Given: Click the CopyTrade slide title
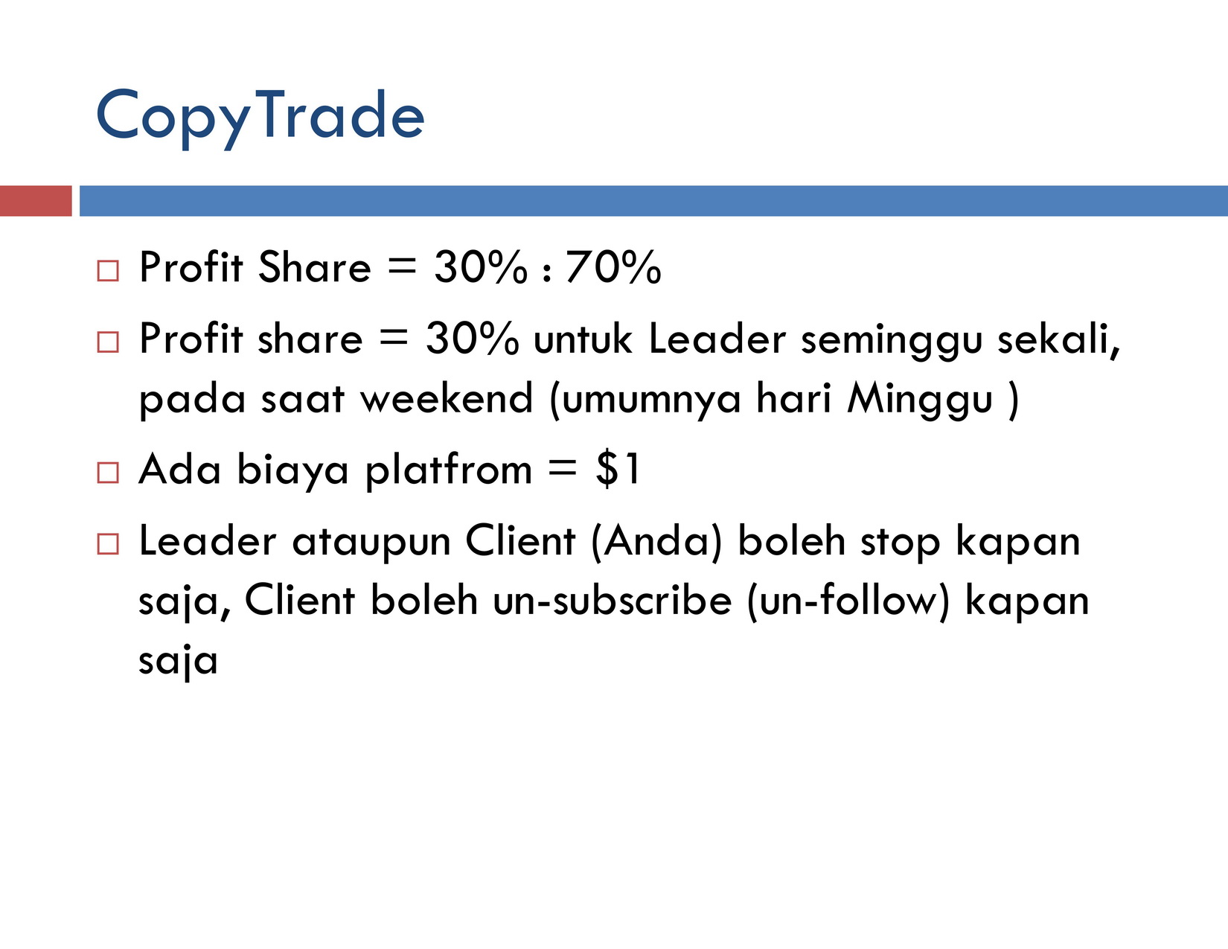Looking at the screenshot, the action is pos(260,118).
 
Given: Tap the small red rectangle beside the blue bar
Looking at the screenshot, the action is pos(36,201).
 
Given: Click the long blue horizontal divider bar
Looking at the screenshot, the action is pos(654,201).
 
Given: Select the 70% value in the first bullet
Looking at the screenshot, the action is pos(613,266).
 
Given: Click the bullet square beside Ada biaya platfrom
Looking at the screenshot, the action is pos(108,473).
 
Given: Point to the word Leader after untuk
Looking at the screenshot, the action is pos(717,339).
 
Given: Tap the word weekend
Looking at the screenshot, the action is pos(447,398).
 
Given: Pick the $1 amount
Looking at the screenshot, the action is pos(618,469).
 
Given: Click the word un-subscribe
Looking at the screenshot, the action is pos(612,601).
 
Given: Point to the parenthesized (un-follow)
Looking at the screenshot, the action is pos(848,601).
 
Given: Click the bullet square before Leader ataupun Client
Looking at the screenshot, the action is pos(108,544).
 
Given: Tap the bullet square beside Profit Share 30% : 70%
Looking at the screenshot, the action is pos(108,271).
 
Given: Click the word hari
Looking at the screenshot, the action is pos(794,398).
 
